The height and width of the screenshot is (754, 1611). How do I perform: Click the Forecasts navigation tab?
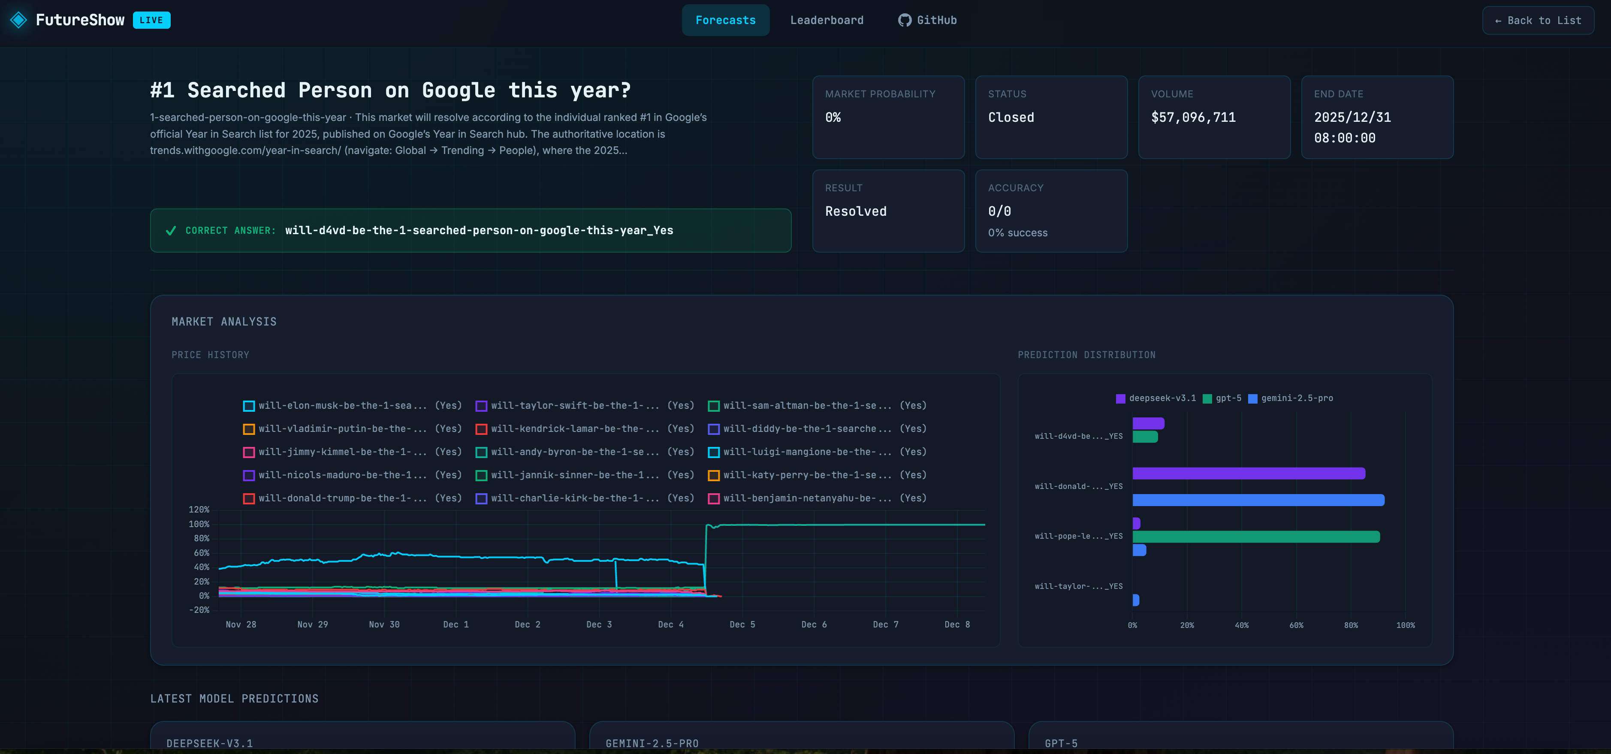coord(725,20)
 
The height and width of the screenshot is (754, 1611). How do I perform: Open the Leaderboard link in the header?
coord(826,20)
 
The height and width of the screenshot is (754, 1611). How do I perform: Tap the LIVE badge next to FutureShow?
coord(151,20)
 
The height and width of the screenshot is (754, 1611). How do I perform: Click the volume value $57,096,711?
coord(1193,118)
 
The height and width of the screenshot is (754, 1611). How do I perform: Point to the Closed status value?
coord(1011,118)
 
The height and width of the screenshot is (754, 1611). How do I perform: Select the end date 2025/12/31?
coord(1352,118)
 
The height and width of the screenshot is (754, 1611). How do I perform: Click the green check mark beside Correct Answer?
coord(171,231)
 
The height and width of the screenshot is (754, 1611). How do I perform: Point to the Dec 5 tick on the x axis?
coord(742,624)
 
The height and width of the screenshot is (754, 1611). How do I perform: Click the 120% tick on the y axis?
coord(199,510)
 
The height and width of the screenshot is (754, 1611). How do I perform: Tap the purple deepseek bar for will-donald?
coord(1248,473)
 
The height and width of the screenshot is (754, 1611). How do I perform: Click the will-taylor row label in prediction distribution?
coord(1078,586)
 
